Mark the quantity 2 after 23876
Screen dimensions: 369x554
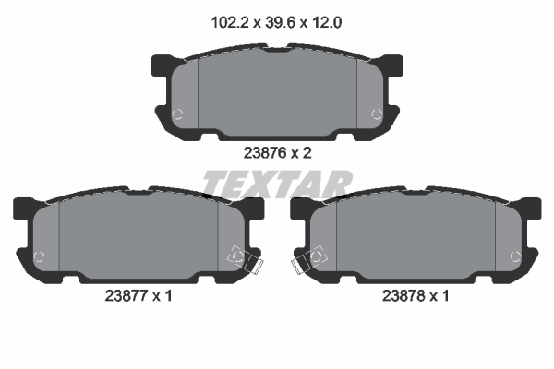point(307,153)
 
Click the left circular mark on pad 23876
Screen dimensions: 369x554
point(179,114)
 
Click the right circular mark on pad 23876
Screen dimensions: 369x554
point(375,114)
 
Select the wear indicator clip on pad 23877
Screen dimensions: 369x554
point(246,260)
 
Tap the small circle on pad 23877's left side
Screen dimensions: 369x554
point(39,256)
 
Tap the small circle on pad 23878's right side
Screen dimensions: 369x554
point(515,256)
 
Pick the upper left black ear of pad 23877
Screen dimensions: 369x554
point(23,208)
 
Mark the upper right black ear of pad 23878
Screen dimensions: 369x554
point(532,208)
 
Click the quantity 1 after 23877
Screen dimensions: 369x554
point(168,296)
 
